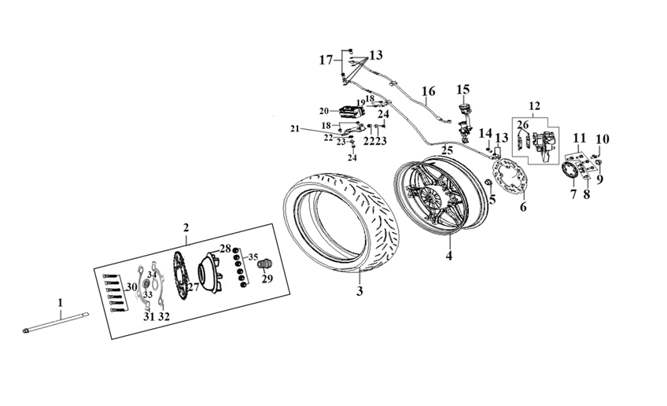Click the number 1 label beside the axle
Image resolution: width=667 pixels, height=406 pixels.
click(58, 301)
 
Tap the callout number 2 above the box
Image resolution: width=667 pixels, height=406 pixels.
click(186, 227)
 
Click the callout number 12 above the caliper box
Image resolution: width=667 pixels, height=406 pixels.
click(534, 105)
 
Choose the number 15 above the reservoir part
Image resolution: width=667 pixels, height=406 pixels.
click(462, 89)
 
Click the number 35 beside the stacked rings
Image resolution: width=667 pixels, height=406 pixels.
click(252, 257)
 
